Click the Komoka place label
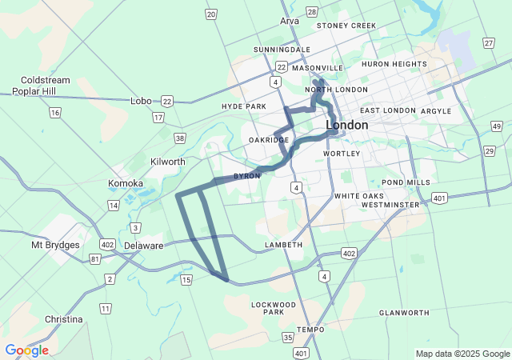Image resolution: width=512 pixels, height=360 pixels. click(126, 183)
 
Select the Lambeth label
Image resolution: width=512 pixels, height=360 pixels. click(283, 244)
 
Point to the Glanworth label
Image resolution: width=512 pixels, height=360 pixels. click(404, 313)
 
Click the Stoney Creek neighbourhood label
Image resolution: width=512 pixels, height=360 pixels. click(346, 26)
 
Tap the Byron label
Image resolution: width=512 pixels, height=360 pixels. click(246, 176)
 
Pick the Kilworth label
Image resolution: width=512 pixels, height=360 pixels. click(167, 162)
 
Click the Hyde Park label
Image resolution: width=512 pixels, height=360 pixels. click(243, 106)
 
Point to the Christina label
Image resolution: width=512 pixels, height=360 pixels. click(63, 319)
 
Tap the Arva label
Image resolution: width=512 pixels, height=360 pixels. click(290, 21)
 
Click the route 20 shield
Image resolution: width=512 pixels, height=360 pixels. click(210, 14)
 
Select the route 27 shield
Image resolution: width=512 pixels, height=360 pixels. click(488, 42)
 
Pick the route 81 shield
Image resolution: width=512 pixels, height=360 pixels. click(96, 258)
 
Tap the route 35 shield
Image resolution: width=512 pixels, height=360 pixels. click(287, 338)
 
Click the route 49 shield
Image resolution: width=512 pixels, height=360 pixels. click(497, 126)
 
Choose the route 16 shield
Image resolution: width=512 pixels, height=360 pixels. click(54, 113)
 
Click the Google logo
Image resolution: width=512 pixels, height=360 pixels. click(26, 350)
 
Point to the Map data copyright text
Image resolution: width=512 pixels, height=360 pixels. click(462, 354)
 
